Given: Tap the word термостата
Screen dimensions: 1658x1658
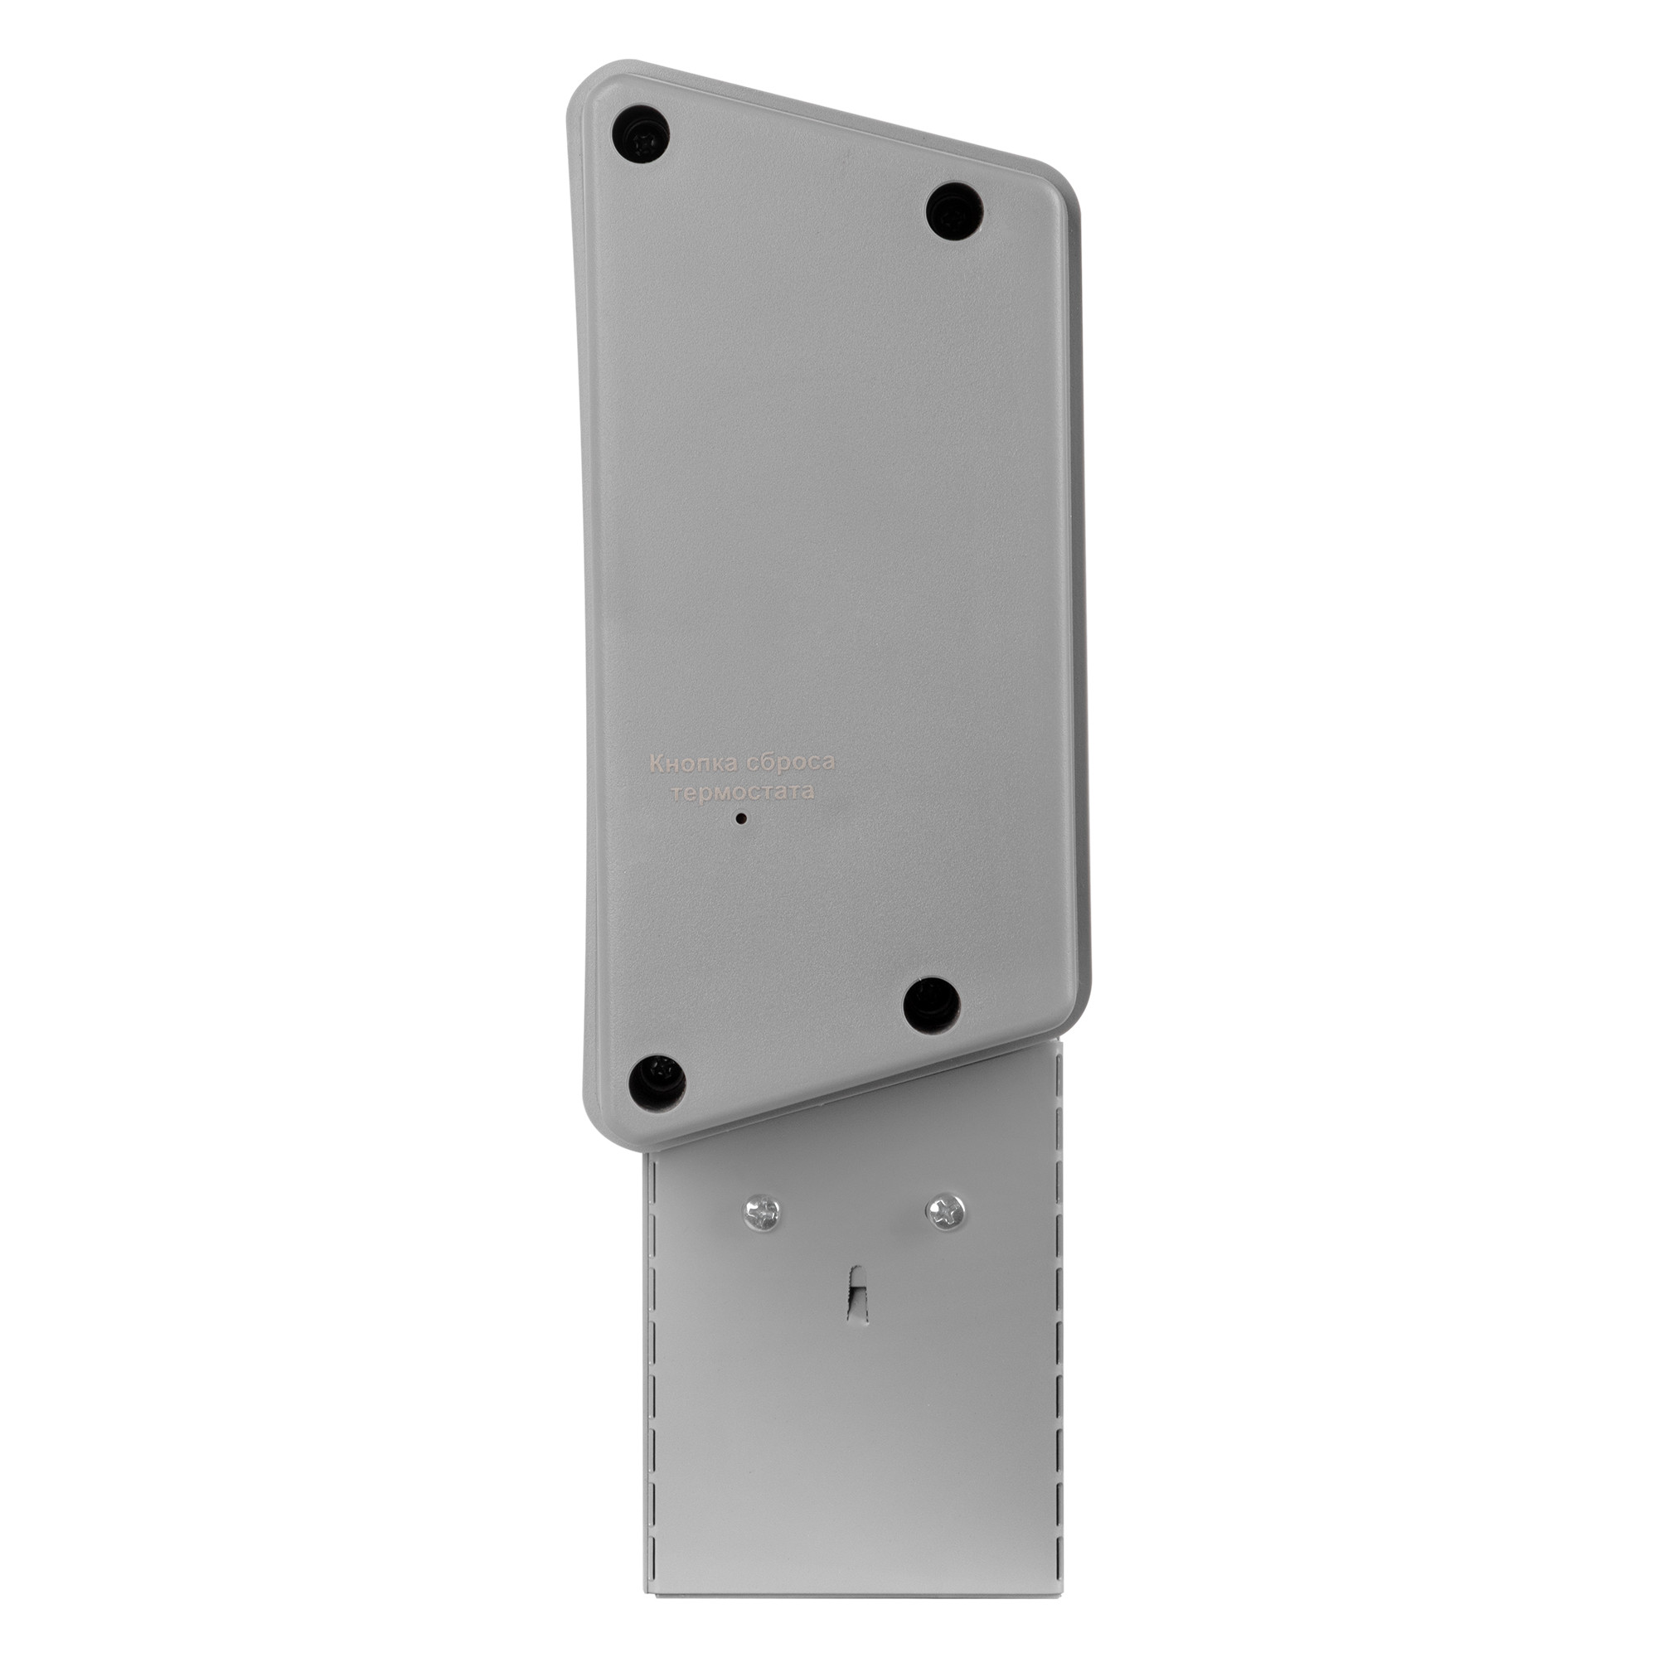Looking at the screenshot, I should tap(743, 791).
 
